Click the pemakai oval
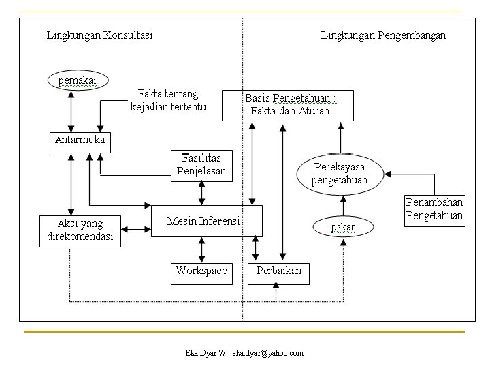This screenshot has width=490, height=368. pyautogui.click(x=78, y=80)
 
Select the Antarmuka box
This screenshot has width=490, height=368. pyautogui.click(x=80, y=142)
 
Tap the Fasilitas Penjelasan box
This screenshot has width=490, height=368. pyautogui.click(x=201, y=166)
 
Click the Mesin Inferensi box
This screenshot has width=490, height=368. pyautogui.click(x=207, y=221)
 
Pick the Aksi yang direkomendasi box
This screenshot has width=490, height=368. pyautogui.click(x=80, y=231)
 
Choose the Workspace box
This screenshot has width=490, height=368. pyautogui.click(x=201, y=274)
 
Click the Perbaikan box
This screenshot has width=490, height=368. pyautogui.click(x=278, y=274)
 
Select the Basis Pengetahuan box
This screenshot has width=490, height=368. pyautogui.click(x=287, y=106)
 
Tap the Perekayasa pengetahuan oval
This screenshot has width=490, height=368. pyautogui.click(x=340, y=174)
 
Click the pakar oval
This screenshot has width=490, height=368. pyautogui.click(x=343, y=226)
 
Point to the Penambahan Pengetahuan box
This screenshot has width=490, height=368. pyautogui.click(x=435, y=211)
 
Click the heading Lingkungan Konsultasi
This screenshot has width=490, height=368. pyautogui.click(x=99, y=35)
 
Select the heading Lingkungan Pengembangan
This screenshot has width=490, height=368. pyautogui.click(x=383, y=35)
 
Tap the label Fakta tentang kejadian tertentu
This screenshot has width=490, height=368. pyautogui.click(x=168, y=100)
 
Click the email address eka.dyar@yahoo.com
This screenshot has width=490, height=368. pyautogui.click(x=268, y=353)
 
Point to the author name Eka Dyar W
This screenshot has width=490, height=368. pyautogui.click(x=206, y=353)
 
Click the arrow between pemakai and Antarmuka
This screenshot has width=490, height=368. pyautogui.click(x=71, y=111)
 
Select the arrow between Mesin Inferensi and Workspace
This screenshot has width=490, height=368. pyautogui.click(x=202, y=250)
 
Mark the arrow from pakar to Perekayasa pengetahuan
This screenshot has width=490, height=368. pyautogui.click(x=343, y=206)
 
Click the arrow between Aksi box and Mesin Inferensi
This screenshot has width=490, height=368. pyautogui.click(x=136, y=230)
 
